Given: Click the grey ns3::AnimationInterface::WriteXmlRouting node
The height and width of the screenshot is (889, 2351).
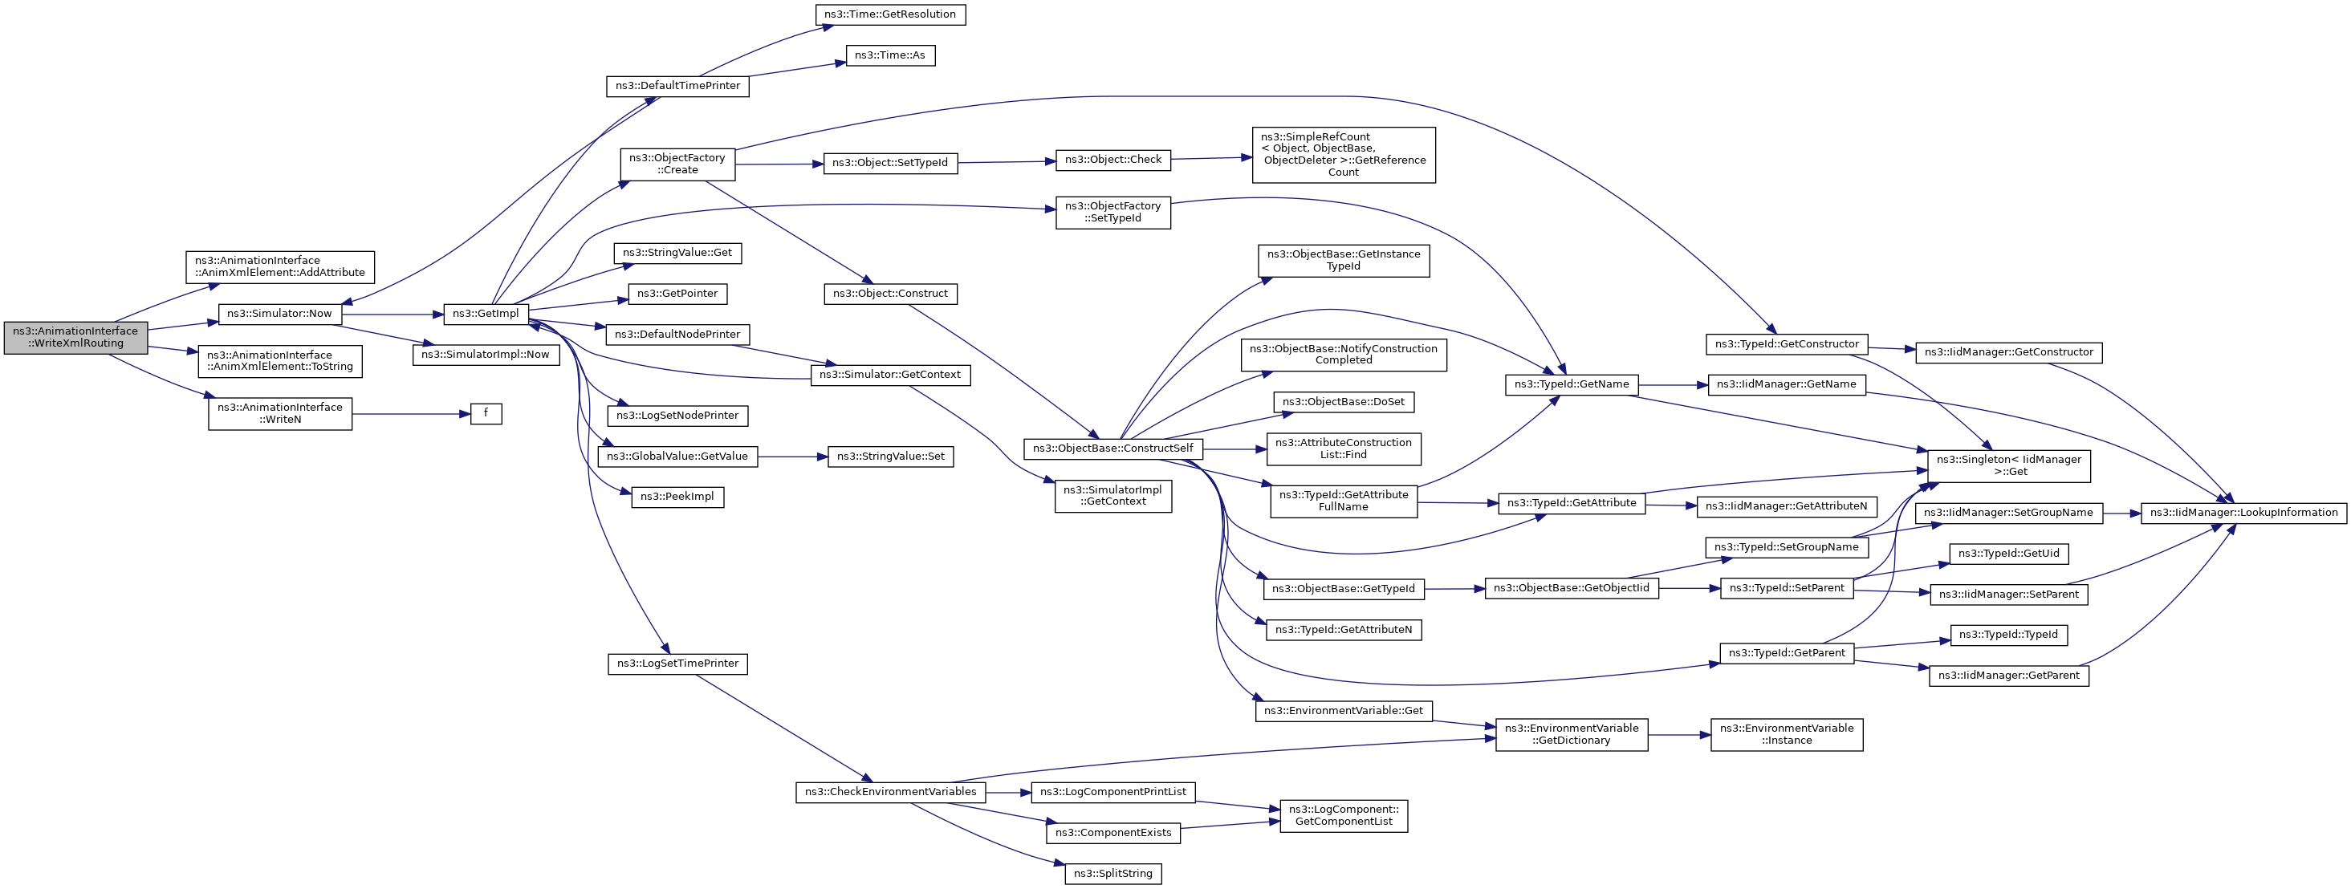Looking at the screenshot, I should coord(75,338).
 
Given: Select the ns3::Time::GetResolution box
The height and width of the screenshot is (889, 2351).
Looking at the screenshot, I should coord(890,14).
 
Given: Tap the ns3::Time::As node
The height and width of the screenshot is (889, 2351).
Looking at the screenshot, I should coord(890,55).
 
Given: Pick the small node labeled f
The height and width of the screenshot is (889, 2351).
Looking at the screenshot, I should coord(486,413).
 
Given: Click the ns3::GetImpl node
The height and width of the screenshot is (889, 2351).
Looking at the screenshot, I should coord(486,314).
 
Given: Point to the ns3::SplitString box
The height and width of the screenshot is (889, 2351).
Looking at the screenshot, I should coord(1112,874).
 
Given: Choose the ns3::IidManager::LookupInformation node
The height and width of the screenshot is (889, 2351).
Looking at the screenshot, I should coord(2243,513).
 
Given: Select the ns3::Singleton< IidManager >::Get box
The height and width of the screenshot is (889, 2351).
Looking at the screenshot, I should coord(2007,465).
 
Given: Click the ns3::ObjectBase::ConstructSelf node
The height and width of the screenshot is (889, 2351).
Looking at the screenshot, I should coord(1112,449).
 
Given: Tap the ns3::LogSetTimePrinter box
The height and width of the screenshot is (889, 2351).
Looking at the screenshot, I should coord(677,664).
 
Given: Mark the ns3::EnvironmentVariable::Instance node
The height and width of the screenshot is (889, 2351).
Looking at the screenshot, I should coord(1786,735).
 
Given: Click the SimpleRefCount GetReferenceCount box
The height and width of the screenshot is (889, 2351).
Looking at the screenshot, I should coord(1343,155).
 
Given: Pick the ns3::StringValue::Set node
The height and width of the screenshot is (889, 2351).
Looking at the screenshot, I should coord(890,457).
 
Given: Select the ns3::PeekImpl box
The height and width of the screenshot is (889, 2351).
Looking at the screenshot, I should coord(677,497).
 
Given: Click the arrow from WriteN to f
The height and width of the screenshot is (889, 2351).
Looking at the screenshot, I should coord(411,414).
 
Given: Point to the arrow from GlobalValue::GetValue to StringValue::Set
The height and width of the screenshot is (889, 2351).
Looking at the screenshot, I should coord(792,457).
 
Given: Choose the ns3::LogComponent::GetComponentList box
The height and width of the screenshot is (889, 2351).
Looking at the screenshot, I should coord(1343,816).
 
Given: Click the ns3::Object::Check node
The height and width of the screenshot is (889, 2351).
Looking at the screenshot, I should coord(1112,160).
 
